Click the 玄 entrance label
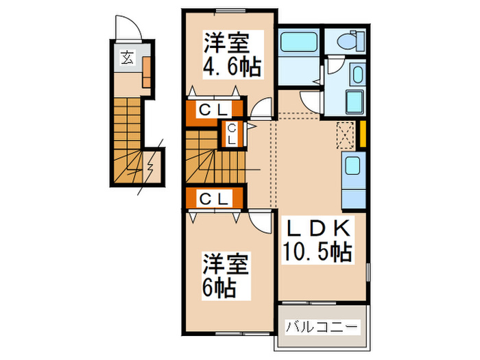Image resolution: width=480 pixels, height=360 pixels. (x=128, y=58)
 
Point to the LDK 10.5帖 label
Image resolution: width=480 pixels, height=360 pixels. (x=317, y=239)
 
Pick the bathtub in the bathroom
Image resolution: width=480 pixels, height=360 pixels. (x=299, y=43)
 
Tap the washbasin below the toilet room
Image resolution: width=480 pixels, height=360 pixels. (x=357, y=75)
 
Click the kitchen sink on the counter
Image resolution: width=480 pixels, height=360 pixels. (x=352, y=167)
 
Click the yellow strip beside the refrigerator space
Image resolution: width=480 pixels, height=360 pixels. (x=364, y=134)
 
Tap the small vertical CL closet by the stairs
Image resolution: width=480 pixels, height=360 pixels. (x=232, y=133)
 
